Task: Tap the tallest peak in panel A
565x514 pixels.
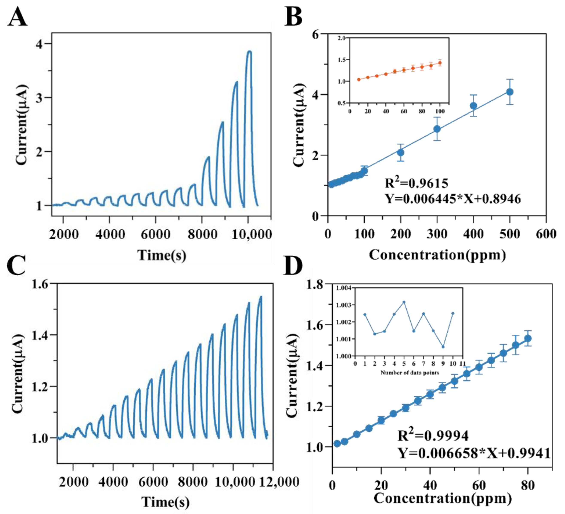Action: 249,52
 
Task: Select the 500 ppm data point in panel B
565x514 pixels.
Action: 510,92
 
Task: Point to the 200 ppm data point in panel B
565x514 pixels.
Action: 401,153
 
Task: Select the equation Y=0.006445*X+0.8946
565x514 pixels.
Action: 453,199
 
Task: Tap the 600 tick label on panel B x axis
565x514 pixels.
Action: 546,234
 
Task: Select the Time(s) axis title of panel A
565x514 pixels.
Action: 162,255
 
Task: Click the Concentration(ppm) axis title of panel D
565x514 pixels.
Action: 443,498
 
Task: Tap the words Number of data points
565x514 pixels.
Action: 410,373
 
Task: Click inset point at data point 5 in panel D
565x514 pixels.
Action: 404,302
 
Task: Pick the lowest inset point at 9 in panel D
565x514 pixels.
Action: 443,347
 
